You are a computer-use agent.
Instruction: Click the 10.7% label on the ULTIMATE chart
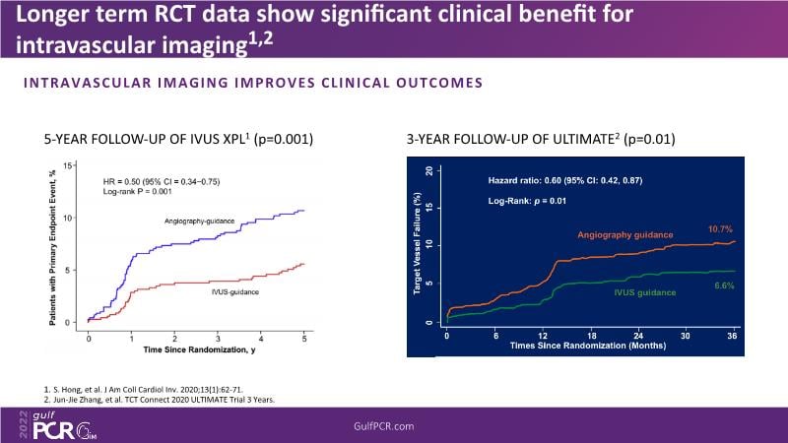point(719,228)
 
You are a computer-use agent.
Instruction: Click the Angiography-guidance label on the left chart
point(201,221)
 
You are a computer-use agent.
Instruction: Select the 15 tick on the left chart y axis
point(68,165)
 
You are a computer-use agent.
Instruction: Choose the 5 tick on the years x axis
point(304,338)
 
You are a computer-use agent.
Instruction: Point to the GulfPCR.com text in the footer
point(393,424)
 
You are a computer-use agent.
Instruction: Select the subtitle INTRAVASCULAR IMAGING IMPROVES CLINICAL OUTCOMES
point(254,83)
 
